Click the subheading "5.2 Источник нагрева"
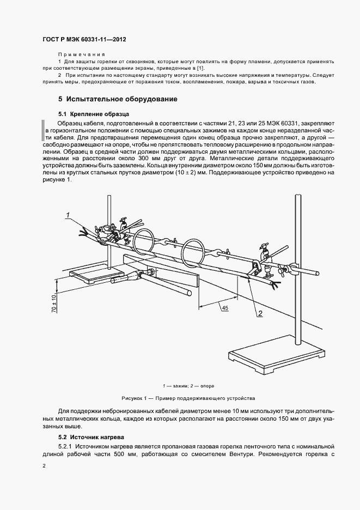(x=91, y=437)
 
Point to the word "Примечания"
(x=81, y=56)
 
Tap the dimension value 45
(x=224, y=308)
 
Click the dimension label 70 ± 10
(x=54, y=302)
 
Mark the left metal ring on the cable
(x=143, y=241)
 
